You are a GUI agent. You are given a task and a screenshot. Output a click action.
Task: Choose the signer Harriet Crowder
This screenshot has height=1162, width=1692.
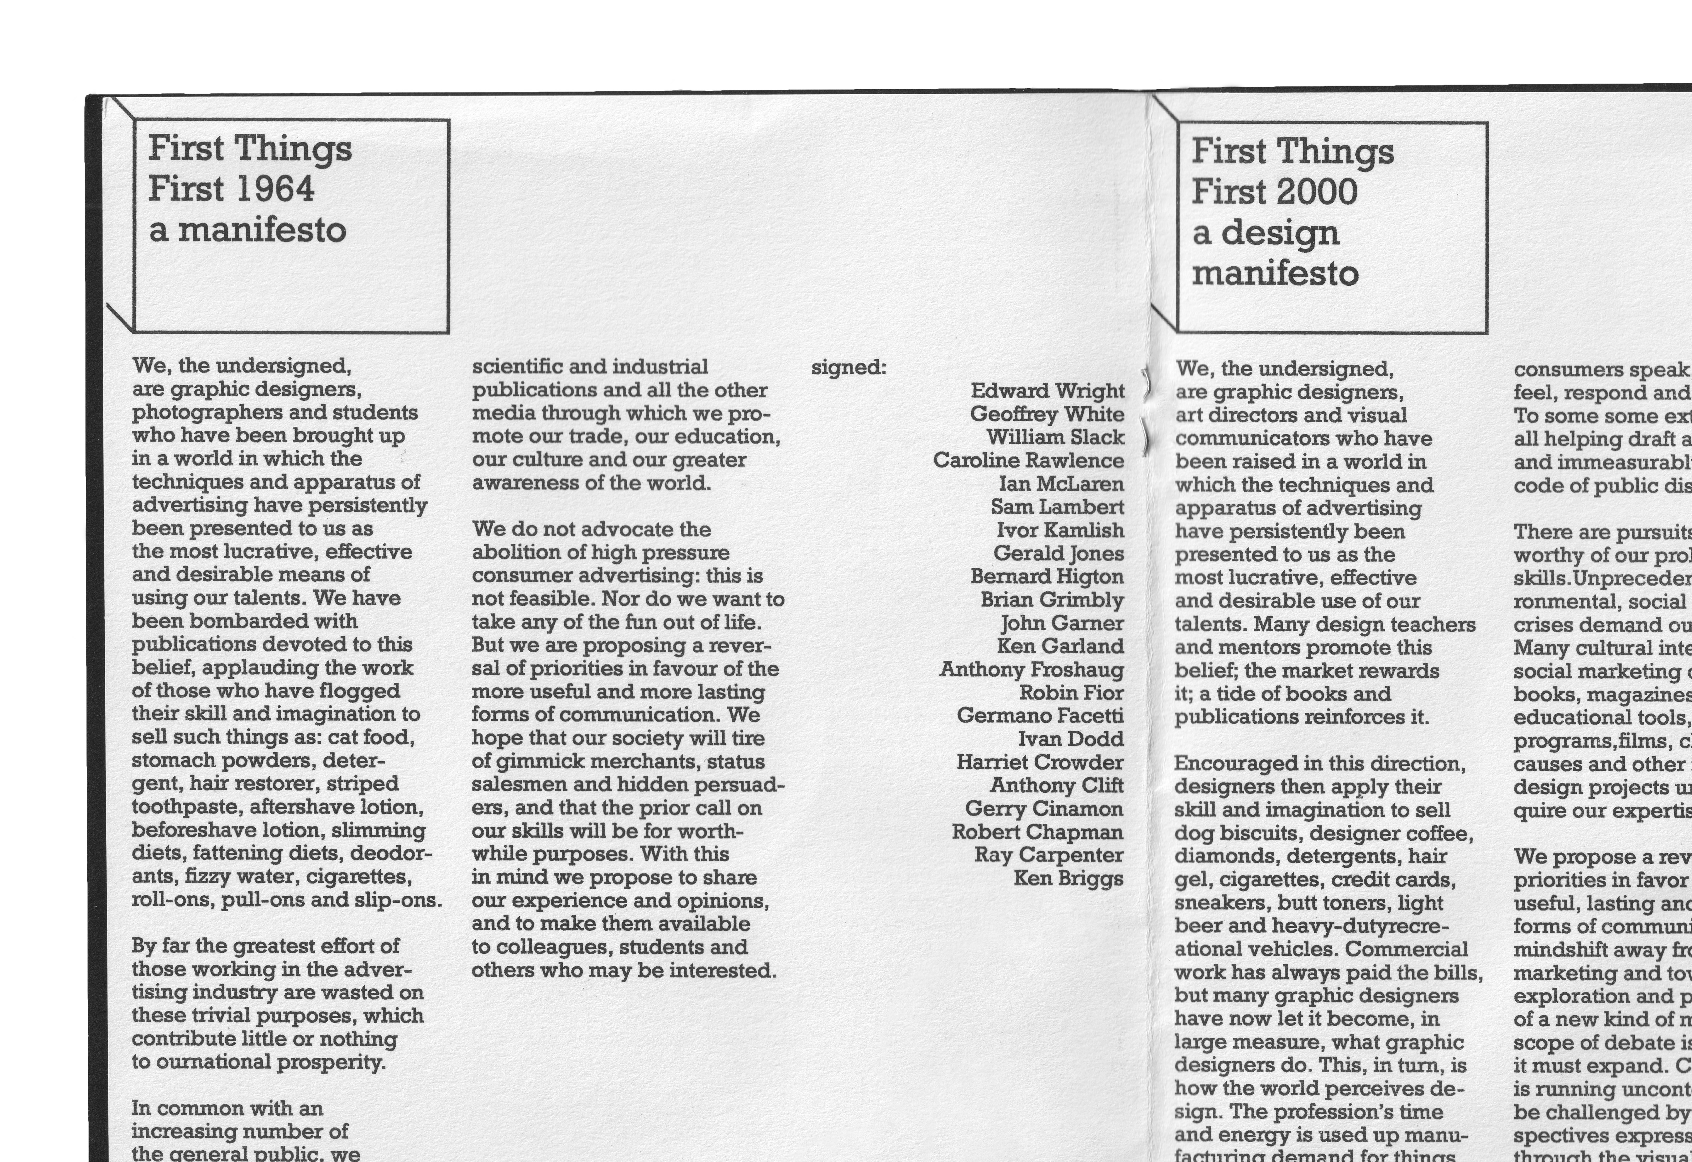[x=1040, y=762]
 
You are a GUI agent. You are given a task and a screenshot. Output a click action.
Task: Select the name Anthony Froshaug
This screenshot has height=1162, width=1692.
[x=1031, y=669]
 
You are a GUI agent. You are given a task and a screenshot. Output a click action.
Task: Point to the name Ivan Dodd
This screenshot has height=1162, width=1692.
[x=1070, y=739]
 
